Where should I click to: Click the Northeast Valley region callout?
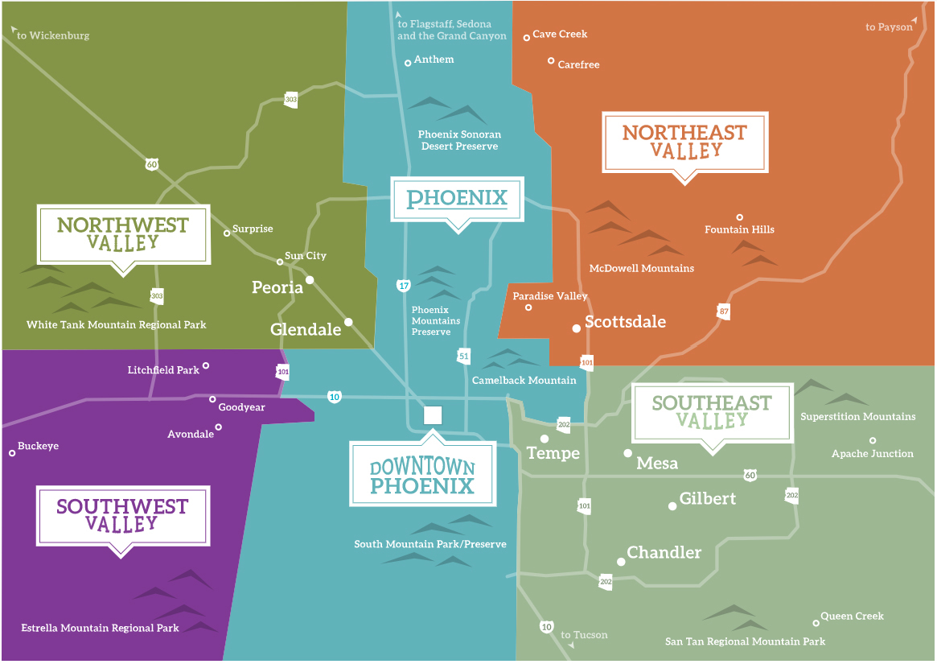[x=685, y=142]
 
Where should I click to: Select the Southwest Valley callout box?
[x=122, y=514]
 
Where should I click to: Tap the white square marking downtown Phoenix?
[x=433, y=415]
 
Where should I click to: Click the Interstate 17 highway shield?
[x=401, y=285]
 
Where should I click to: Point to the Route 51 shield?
[x=463, y=356]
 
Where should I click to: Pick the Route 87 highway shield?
[x=724, y=311]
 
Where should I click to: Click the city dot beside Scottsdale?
[x=576, y=328]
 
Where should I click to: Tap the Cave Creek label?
[x=560, y=35]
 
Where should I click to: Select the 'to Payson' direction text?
[x=889, y=27]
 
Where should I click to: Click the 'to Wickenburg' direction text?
[x=53, y=35]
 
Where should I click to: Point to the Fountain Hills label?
[x=739, y=229]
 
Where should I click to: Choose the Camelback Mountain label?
[x=524, y=380]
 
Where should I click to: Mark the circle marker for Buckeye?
[x=12, y=453]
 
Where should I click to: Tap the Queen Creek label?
[x=852, y=617]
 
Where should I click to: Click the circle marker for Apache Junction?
[x=873, y=440]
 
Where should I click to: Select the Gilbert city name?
[x=708, y=499]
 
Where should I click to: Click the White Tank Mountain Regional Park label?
[x=117, y=325]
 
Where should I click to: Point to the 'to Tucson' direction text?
[x=590, y=635]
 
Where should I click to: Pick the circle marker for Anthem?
[x=408, y=62]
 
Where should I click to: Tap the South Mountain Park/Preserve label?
[x=430, y=545]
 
